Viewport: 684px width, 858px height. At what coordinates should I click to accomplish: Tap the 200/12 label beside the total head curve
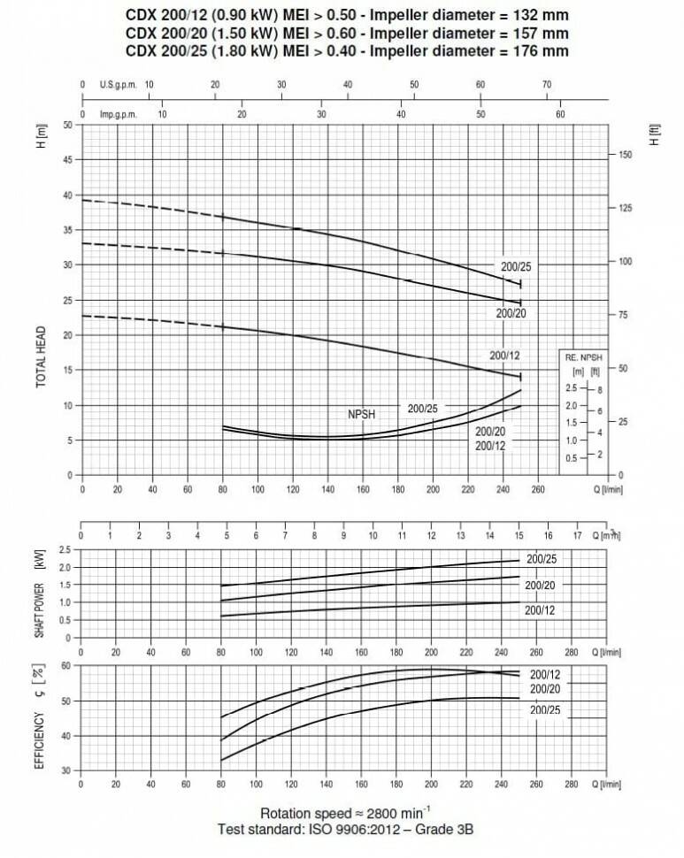[504, 355]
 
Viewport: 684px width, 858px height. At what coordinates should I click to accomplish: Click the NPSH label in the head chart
[362, 413]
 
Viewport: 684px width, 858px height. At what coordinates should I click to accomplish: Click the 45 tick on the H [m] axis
[67, 160]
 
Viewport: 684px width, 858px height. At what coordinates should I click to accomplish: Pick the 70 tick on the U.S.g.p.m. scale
[547, 84]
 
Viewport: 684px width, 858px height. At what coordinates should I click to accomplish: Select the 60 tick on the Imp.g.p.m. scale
[560, 114]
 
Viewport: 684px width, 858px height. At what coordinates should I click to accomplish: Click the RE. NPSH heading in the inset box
[582, 356]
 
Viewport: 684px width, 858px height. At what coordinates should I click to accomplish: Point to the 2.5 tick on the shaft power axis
[65, 550]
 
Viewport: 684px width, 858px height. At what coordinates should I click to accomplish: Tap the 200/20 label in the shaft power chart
[539, 586]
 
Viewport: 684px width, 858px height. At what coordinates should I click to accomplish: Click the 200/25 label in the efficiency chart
[546, 710]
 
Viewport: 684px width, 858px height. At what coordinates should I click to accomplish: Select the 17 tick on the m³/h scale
[577, 535]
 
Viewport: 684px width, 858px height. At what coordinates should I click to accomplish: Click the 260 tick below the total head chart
[537, 488]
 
